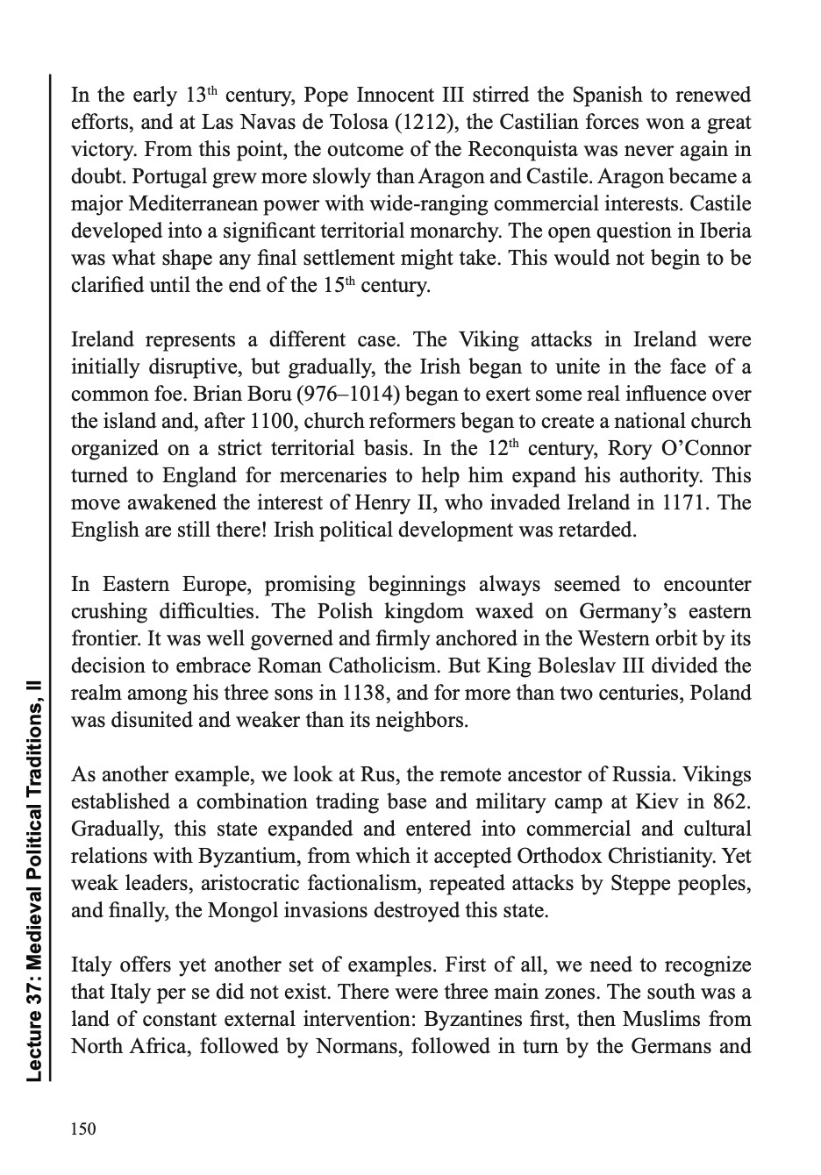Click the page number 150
pos(83,1129)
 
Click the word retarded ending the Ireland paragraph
pos(596,530)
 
